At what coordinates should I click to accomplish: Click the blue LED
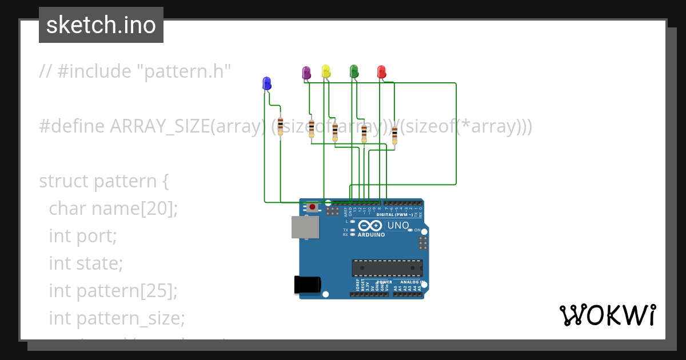(266, 83)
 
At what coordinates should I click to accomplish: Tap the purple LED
(306, 73)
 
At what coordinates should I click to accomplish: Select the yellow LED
(326, 71)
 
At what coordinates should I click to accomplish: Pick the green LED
(354, 71)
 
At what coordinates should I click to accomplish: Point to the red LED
(381, 71)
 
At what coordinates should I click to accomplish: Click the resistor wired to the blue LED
(280, 126)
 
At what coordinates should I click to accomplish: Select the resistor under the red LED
(394, 135)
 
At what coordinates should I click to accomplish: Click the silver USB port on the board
(305, 227)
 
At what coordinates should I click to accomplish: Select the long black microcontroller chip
(387, 268)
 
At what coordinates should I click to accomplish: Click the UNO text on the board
(398, 225)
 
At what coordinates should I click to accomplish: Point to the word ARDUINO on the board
(371, 234)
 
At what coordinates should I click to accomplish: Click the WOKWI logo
(607, 315)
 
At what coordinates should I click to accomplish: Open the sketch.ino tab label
(101, 25)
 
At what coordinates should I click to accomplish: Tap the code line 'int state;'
(86, 263)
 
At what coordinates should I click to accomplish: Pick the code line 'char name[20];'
(114, 209)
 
